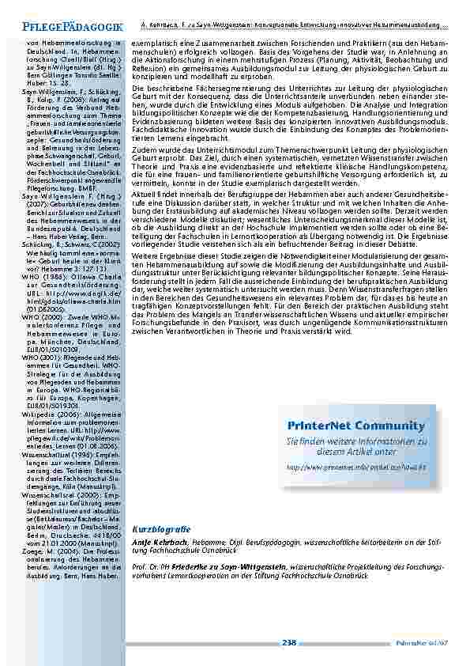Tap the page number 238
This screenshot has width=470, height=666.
(x=289, y=643)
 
